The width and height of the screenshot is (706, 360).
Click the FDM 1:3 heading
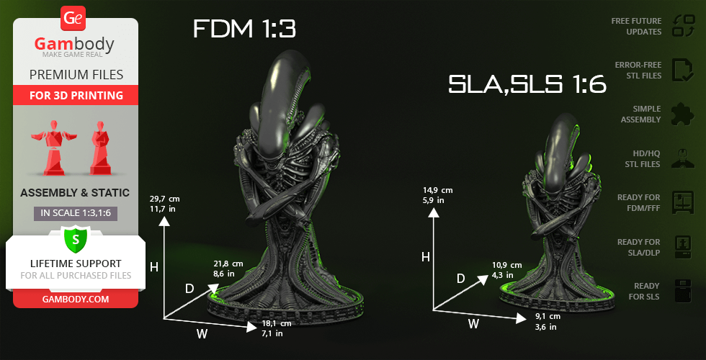(x=244, y=30)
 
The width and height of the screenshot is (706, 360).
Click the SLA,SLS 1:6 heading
(x=527, y=84)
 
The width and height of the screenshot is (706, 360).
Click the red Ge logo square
(x=73, y=17)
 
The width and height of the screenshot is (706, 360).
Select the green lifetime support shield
(x=75, y=238)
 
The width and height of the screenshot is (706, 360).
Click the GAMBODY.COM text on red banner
(x=76, y=298)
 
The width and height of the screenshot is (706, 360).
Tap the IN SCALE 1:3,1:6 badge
(x=76, y=213)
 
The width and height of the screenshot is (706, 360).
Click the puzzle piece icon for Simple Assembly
(x=682, y=114)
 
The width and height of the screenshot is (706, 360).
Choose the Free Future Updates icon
(x=682, y=26)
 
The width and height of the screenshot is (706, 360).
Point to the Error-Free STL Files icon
(x=682, y=70)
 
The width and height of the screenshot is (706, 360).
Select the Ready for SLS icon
(x=682, y=291)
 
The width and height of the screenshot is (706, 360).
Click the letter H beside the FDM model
(x=153, y=267)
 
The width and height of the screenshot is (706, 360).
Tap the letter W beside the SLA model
(x=473, y=324)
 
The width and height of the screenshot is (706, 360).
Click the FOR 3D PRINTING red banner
(x=76, y=96)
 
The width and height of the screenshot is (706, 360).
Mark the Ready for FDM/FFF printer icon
(x=682, y=202)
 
